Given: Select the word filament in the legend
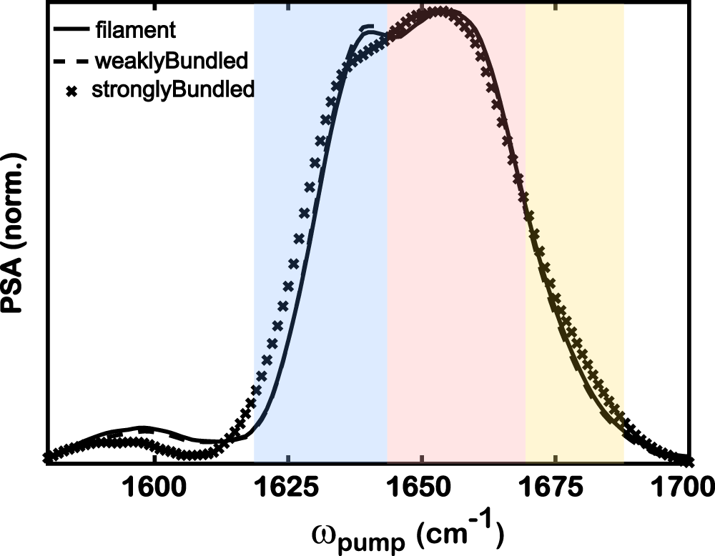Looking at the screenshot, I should pyautogui.click(x=135, y=30).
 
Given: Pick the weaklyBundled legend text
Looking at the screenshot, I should pyautogui.click(x=171, y=61).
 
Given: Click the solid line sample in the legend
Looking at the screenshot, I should pyautogui.click(x=70, y=30).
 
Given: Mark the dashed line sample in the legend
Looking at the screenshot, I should pyautogui.click(x=70, y=61).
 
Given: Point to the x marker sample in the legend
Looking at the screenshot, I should pyautogui.click(x=71, y=91).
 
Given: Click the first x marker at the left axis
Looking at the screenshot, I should pyautogui.click(x=48, y=457).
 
